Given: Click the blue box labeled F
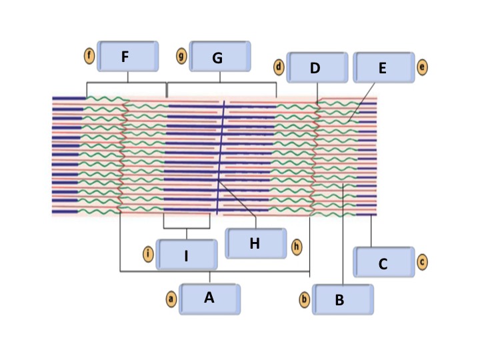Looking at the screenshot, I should point(128,57).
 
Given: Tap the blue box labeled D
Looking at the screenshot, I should point(317,67).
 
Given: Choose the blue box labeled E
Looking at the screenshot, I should point(383,67).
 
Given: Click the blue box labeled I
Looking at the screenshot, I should point(187,255).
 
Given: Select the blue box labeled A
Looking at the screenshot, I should point(209,299).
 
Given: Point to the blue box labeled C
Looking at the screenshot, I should point(383,262).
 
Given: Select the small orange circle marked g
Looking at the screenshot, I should point(181,55).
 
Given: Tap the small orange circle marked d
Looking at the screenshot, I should point(279,67).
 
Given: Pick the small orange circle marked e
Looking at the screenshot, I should point(422,67).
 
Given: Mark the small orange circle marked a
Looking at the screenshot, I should point(171,299).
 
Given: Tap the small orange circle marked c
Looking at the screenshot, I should point(422,261).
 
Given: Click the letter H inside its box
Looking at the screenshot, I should point(255,243).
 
